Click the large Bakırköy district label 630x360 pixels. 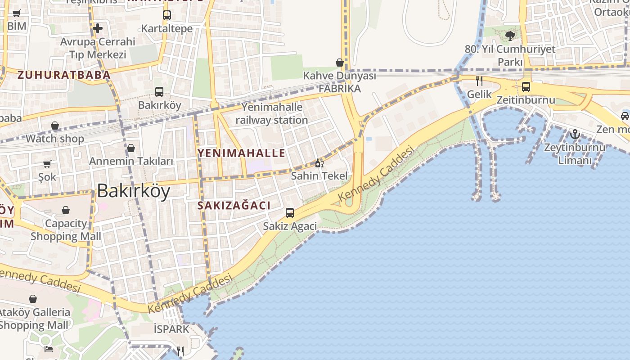tap(134, 191)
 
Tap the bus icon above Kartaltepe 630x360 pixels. tap(167, 15)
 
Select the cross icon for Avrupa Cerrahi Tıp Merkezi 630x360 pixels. tap(98, 29)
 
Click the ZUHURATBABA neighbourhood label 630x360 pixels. tap(63, 75)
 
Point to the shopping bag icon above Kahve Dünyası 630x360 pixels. tap(340, 62)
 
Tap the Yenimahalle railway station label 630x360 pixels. tap(272, 113)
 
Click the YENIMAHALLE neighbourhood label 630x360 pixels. tap(241, 153)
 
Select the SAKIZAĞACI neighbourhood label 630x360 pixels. tap(234, 206)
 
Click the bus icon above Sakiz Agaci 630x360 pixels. tap(290, 212)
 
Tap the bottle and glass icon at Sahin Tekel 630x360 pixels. tap(319, 163)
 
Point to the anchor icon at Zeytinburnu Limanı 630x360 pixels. tap(575, 134)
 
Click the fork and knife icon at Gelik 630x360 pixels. tap(479, 81)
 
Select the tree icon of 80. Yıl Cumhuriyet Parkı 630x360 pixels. tap(510, 35)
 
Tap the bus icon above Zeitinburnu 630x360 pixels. tap(526, 86)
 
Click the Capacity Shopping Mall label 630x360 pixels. tap(66, 229)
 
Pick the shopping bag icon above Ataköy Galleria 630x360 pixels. tap(33, 299)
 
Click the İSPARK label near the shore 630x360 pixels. tap(171, 329)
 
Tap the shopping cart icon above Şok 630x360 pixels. tap(47, 164)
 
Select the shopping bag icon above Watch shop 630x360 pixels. tap(55, 125)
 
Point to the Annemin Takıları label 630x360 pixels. tap(131, 161)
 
